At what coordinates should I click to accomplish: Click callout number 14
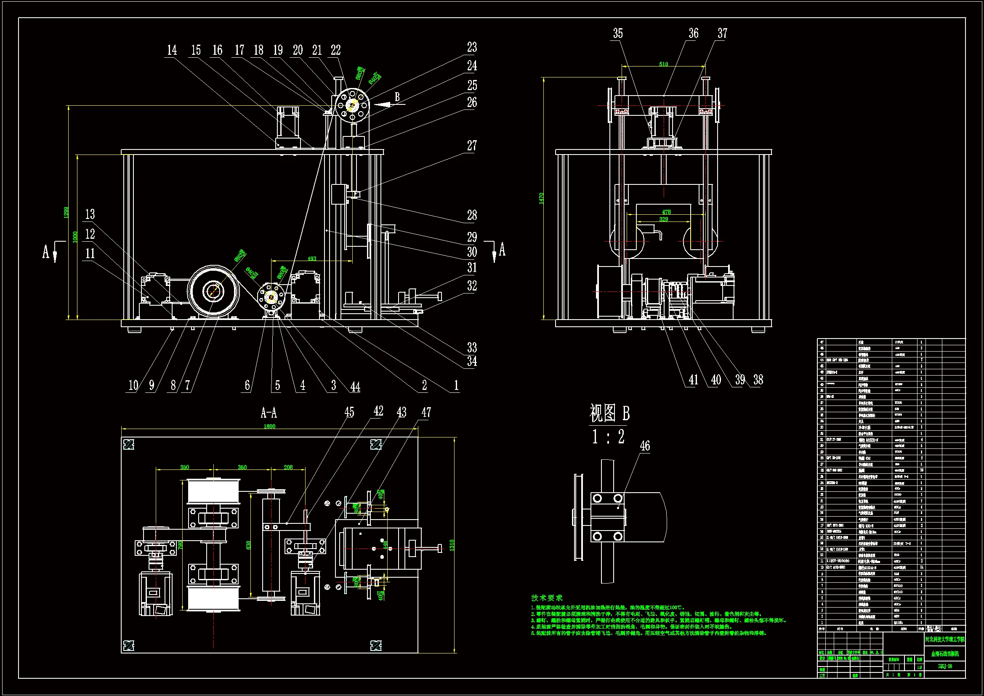click(x=171, y=50)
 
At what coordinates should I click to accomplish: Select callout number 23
click(x=471, y=47)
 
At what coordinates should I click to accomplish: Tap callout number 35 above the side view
click(x=617, y=33)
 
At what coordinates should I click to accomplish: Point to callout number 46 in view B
click(x=645, y=446)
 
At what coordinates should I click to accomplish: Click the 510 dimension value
click(x=663, y=64)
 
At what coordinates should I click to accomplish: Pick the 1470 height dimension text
click(x=541, y=198)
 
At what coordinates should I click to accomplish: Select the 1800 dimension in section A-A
click(x=269, y=426)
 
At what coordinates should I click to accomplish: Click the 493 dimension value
click(x=311, y=259)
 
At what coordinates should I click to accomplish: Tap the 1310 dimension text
click(x=452, y=545)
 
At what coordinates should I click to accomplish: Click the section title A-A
click(x=269, y=413)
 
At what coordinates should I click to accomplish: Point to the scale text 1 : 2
click(x=608, y=437)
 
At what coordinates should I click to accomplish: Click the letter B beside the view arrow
click(x=397, y=97)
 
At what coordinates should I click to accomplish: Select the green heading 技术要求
click(x=546, y=598)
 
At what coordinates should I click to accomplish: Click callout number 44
click(x=355, y=387)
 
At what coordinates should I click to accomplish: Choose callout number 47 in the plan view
click(x=426, y=413)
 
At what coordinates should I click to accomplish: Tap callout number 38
click(x=758, y=379)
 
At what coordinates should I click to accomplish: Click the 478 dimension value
click(x=666, y=212)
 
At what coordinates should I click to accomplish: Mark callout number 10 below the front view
click(x=133, y=385)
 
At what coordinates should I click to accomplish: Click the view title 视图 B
click(x=609, y=413)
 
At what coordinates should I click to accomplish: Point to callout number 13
click(x=90, y=214)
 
